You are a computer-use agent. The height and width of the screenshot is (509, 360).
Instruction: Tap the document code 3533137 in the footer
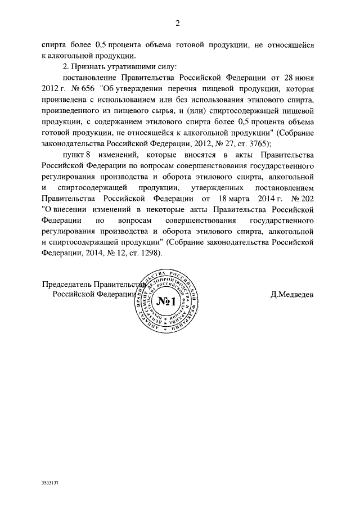coord(50,483)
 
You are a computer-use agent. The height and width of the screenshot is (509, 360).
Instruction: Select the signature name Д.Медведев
coord(292,294)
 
